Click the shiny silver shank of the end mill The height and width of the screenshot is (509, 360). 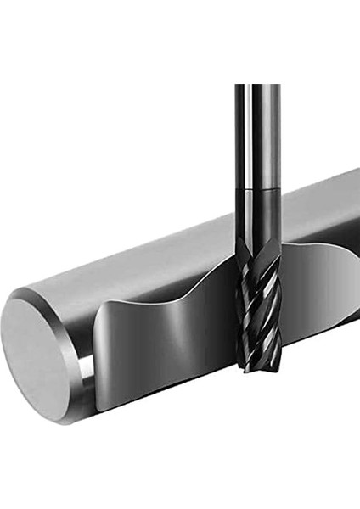click(x=257, y=136)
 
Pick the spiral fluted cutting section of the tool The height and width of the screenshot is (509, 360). click(x=258, y=314)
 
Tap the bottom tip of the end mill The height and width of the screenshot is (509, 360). click(x=258, y=368)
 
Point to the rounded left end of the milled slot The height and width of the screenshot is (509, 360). click(x=102, y=356)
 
